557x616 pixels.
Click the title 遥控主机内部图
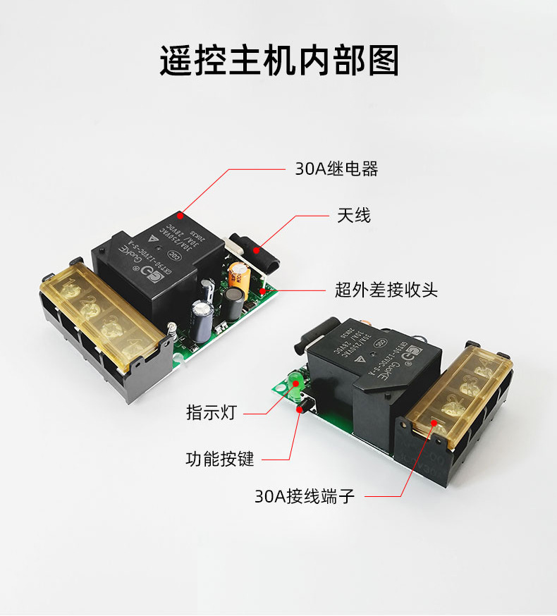tap(278, 61)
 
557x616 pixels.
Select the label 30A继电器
tap(336, 169)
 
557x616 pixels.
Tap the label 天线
tap(354, 216)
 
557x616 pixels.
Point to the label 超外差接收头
tap(386, 289)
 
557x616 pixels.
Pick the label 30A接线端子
tap(305, 496)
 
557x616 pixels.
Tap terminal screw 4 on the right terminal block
tap(484, 368)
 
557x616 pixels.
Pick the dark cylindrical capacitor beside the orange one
tap(233, 302)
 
